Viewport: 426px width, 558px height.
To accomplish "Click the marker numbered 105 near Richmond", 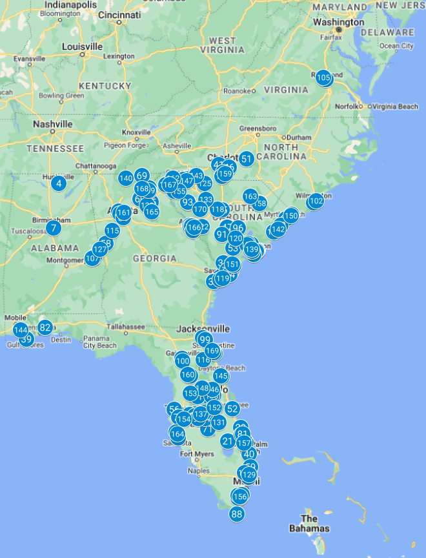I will click(324, 78).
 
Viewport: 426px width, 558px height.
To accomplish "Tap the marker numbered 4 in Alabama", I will click(59, 183).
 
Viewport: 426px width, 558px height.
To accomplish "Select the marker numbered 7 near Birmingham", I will click(54, 227).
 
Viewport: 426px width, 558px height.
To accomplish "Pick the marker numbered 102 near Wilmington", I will click(316, 201).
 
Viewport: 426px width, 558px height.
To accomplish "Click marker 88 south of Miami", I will click(237, 514).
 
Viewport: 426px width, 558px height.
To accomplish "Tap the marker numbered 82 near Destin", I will click(45, 327).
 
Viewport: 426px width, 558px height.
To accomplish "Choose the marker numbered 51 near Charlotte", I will click(246, 159).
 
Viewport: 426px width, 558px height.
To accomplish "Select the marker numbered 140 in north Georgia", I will click(126, 178).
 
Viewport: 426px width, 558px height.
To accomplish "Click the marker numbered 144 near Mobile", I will click(21, 330).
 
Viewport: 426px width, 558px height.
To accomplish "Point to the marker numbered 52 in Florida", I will click(232, 408).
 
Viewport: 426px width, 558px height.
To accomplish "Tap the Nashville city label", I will click(53, 124).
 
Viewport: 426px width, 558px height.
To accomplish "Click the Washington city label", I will click(338, 22).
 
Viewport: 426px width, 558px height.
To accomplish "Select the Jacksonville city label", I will click(203, 328).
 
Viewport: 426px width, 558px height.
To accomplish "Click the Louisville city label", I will click(82, 46).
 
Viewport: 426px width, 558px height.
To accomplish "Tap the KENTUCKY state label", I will click(105, 86).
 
